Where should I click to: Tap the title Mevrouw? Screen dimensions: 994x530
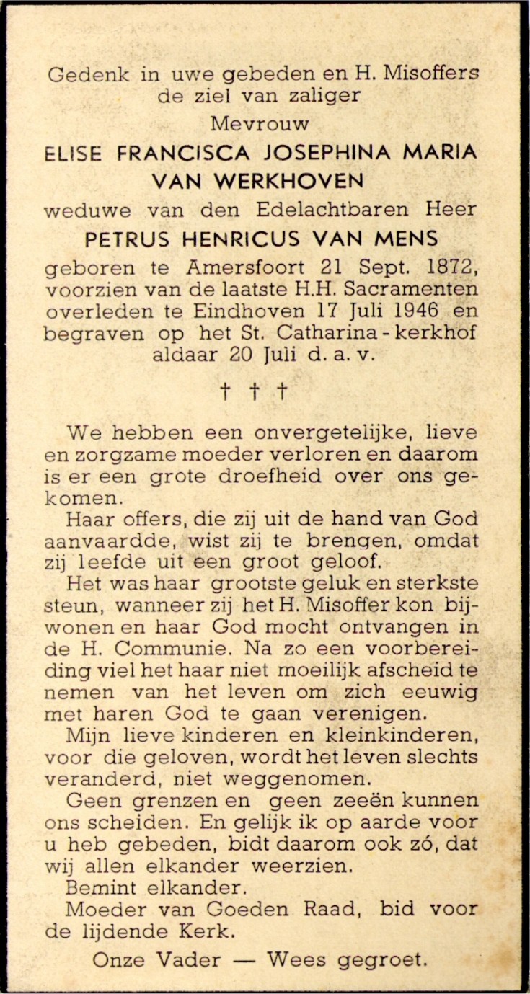coord(260,123)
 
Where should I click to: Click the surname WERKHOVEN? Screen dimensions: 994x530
coord(298,182)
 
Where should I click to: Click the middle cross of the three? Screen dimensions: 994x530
coord(254,391)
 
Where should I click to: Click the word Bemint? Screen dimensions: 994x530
coord(97,888)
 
